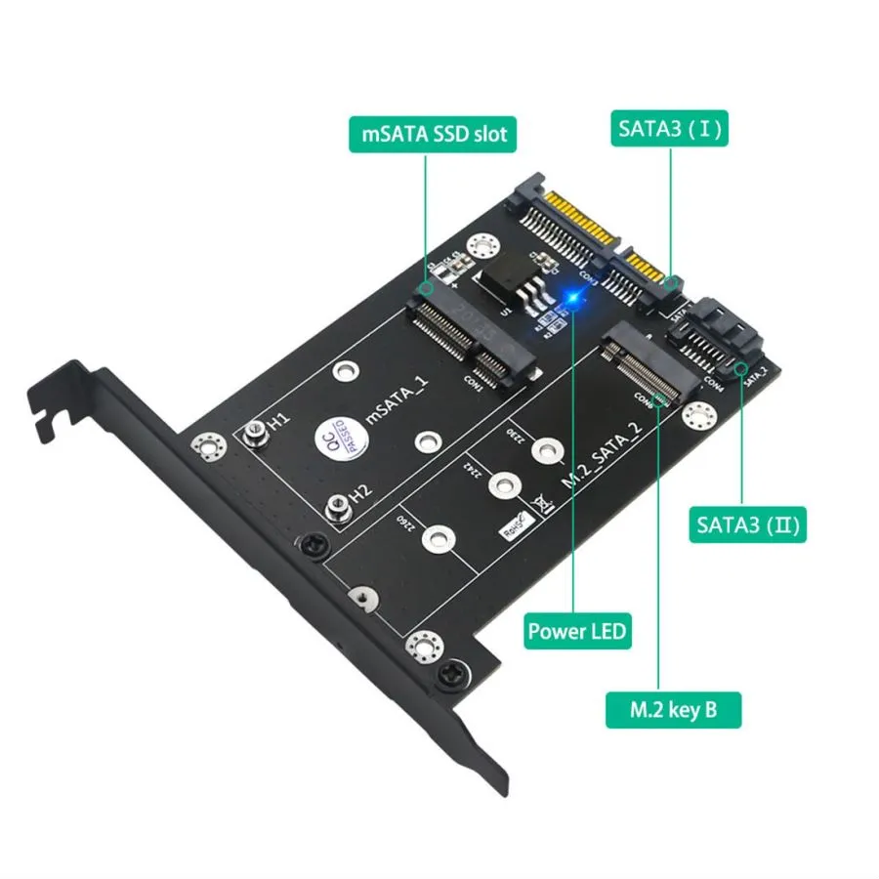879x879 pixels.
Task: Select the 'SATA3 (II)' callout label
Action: click(748, 526)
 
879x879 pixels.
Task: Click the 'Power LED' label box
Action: click(577, 630)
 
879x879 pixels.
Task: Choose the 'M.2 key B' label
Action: click(673, 708)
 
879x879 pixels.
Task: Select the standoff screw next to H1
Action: click(254, 430)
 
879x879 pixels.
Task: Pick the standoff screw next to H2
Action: click(335, 506)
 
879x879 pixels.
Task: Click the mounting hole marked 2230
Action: click(549, 448)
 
